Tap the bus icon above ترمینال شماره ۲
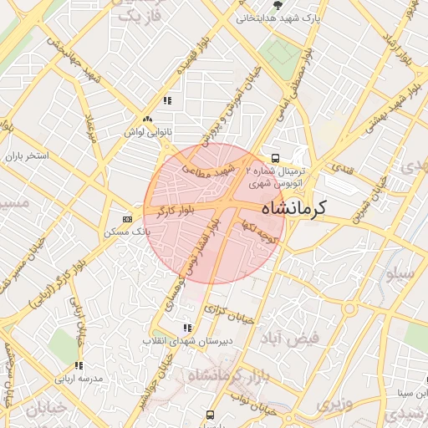point(275,158)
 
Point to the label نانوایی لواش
point(147,132)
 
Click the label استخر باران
point(28,156)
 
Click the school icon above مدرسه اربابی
point(79,365)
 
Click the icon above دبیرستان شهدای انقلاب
point(187,328)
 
